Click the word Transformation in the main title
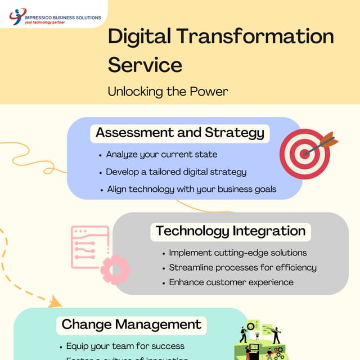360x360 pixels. pyautogui.click(x=255, y=37)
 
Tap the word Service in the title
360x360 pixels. pyautogui.click(x=145, y=64)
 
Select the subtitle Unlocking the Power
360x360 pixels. pyautogui.click(x=168, y=91)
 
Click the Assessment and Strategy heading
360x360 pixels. pyautogui.click(x=180, y=133)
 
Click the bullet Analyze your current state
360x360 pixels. pyautogui.click(x=161, y=154)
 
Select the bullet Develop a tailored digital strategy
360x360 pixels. pyautogui.click(x=176, y=172)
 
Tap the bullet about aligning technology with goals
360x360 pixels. pyautogui.click(x=192, y=189)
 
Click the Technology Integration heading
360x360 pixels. pyautogui.click(x=231, y=231)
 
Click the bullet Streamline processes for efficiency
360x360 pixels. pyautogui.click(x=242, y=267)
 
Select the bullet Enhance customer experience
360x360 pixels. pyautogui.click(x=231, y=282)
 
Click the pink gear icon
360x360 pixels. pyautogui.click(x=115, y=268)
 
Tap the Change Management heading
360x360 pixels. pyautogui.click(x=132, y=324)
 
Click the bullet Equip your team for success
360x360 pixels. pyautogui.click(x=125, y=346)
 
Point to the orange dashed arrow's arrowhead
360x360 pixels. pyautogui.click(x=55, y=303)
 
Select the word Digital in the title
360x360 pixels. pyautogui.click(x=139, y=37)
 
